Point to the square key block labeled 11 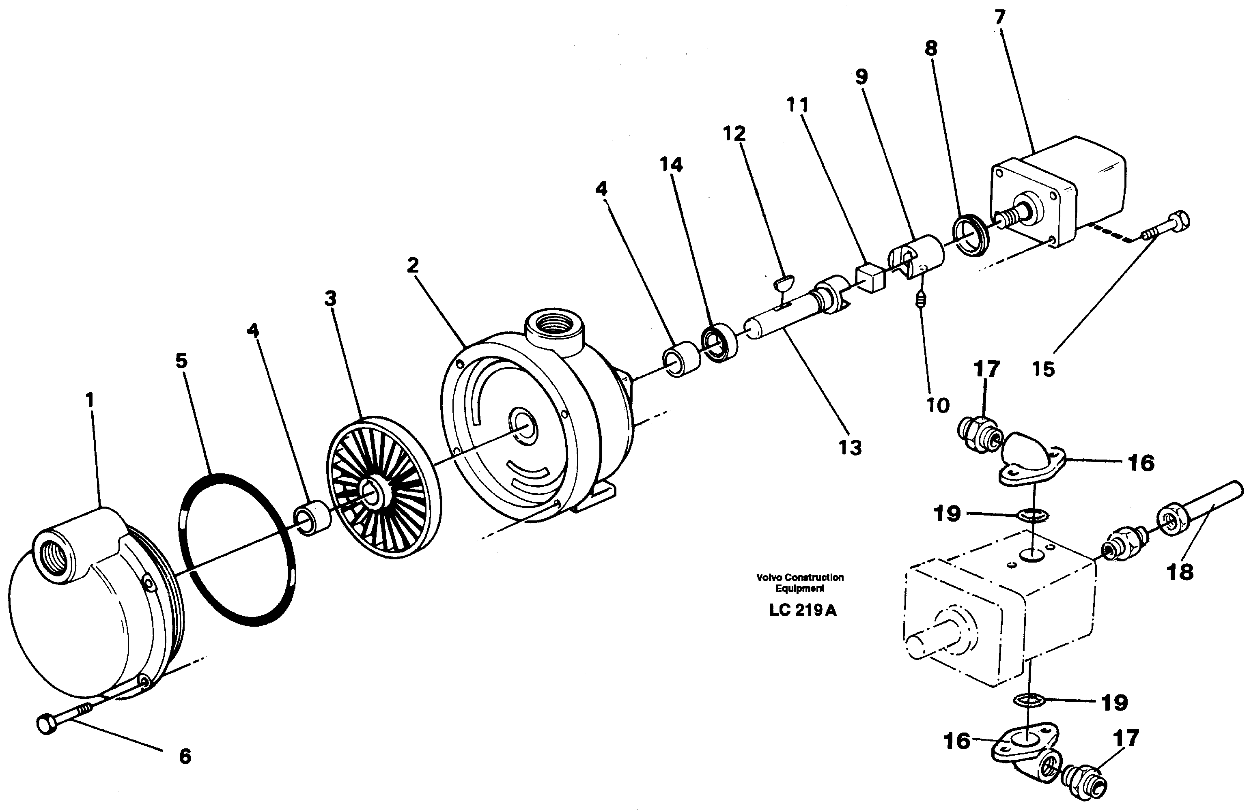(870, 278)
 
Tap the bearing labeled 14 (719, 343)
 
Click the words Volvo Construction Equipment (800, 582)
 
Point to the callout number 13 (850, 447)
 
